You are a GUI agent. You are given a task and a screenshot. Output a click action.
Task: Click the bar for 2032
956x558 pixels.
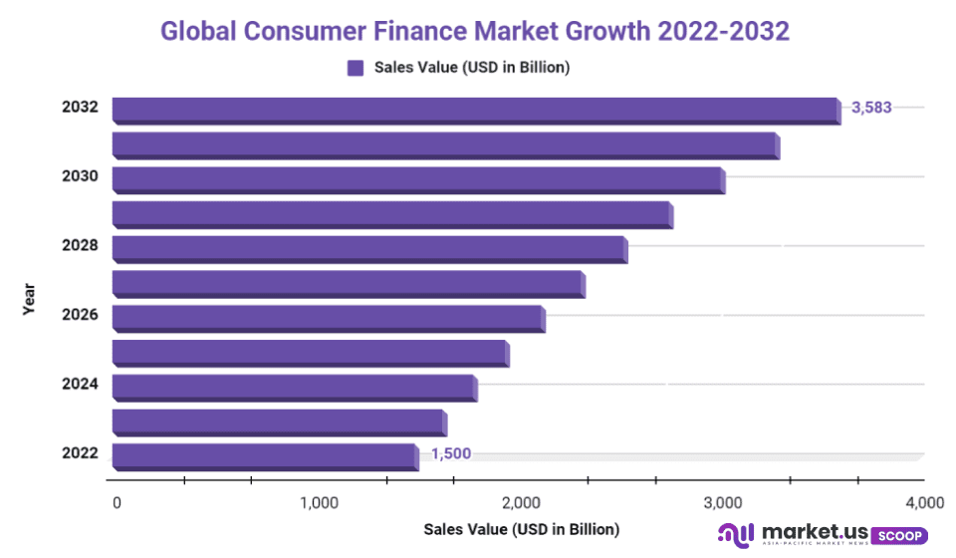click(x=476, y=110)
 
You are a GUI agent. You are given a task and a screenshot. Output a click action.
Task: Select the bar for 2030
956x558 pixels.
click(x=418, y=179)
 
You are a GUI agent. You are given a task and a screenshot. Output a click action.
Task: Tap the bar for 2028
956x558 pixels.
click(x=369, y=248)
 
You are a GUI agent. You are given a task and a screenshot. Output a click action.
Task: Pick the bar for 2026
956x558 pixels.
click(x=329, y=318)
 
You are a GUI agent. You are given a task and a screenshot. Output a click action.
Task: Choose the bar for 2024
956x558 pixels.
click(x=295, y=387)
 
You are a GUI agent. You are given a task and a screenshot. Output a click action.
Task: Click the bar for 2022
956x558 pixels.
click(x=265, y=456)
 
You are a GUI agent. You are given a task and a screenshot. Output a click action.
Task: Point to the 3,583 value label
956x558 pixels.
click(x=872, y=108)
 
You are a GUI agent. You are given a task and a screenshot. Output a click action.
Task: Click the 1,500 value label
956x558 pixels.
click(x=450, y=454)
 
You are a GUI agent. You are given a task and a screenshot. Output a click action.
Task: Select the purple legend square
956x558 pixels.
click(x=356, y=69)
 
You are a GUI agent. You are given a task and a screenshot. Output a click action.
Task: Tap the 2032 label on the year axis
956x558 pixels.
click(x=80, y=107)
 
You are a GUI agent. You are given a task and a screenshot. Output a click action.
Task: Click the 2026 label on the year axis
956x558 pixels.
click(x=80, y=315)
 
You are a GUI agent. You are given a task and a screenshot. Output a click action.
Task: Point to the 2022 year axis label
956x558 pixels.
click(x=80, y=453)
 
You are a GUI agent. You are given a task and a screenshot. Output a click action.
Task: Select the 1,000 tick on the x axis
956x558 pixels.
click(x=320, y=502)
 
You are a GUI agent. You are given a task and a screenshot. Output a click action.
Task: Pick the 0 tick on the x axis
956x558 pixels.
click(x=118, y=502)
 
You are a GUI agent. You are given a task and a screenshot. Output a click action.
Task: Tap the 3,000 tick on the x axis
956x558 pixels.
click(x=722, y=502)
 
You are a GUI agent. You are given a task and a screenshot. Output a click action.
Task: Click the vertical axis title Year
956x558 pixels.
click(x=30, y=296)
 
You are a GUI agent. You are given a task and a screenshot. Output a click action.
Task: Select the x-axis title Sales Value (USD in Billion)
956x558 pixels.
click(x=521, y=529)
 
